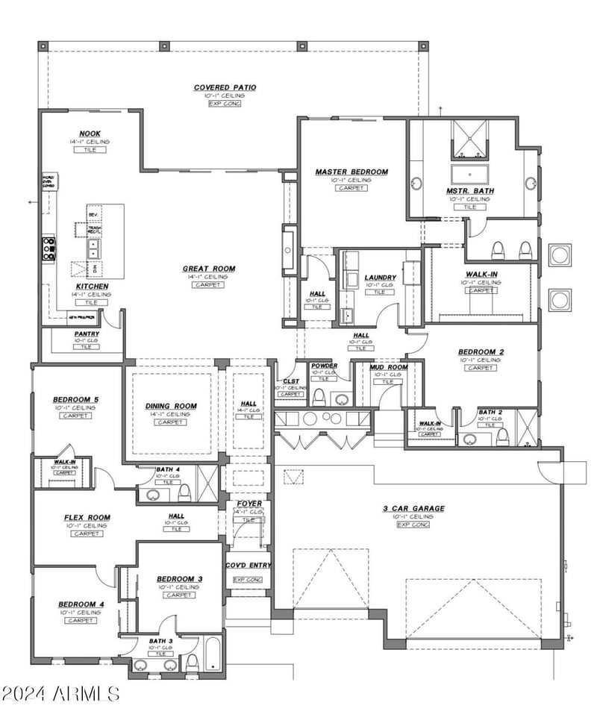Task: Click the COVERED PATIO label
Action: (225, 87)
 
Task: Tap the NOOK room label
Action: (90, 134)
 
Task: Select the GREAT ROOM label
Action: (209, 269)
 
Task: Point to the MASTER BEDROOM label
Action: (351, 172)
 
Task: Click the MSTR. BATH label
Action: (470, 191)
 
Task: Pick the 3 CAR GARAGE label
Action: (413, 509)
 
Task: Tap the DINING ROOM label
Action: (171, 407)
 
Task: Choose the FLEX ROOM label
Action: (87, 518)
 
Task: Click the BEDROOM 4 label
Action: (81, 604)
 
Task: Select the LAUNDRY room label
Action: (380, 278)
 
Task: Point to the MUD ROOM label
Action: (388, 367)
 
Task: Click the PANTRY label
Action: (87, 334)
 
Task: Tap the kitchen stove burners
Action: (49, 248)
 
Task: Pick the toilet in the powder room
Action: (320, 395)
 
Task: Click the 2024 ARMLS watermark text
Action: (60, 693)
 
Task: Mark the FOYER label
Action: (249, 504)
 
